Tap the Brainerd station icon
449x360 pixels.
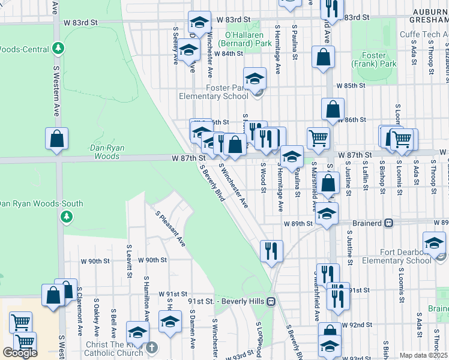pyautogui.click(x=389, y=223)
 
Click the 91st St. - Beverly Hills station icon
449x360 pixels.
pyautogui.click(x=271, y=301)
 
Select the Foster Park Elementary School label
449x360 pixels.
pyautogui.click(x=214, y=92)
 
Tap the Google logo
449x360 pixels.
pyautogui.click(x=20, y=353)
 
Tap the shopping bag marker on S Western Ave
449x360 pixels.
pyautogui.click(x=56, y=139)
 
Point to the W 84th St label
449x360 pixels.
pyautogui.click(x=229, y=53)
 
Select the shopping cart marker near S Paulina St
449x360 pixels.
pyautogui.click(x=318, y=138)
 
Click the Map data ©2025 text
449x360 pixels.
pyautogui.click(x=423, y=355)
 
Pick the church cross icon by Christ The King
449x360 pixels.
pyautogui.click(x=152, y=347)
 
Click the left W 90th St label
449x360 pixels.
pyautogui.click(x=96, y=261)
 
